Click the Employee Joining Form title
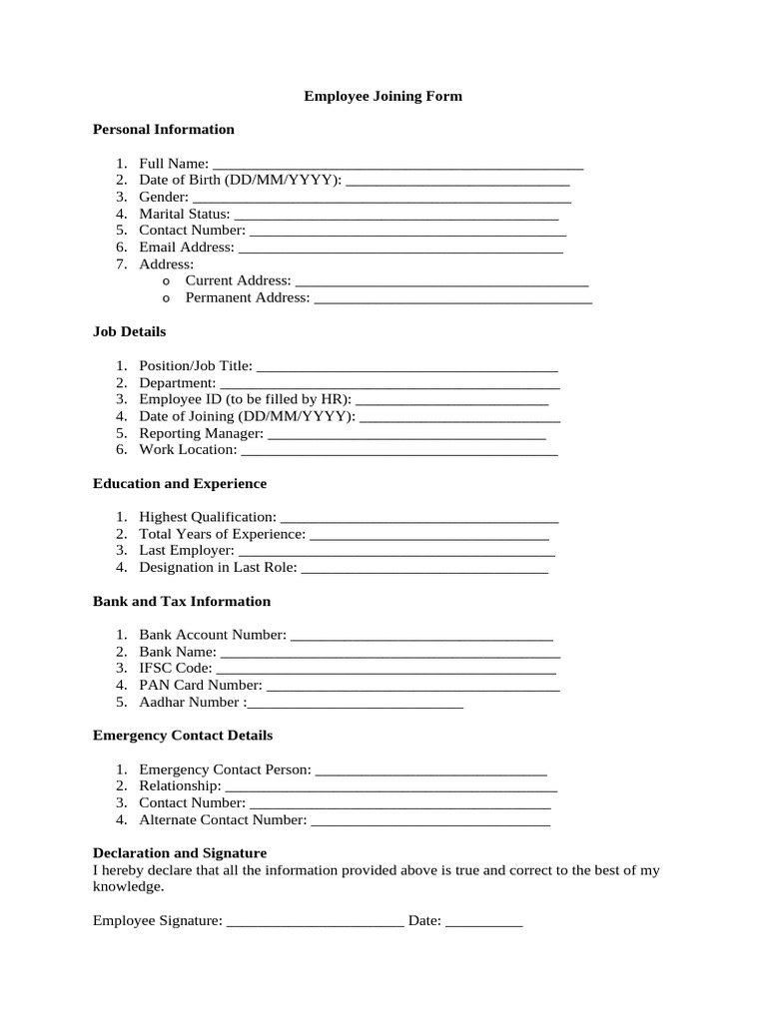click(x=383, y=97)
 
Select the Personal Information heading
click(x=163, y=130)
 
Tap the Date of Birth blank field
click(x=456, y=181)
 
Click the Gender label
click(x=163, y=198)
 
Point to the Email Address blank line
click(x=400, y=249)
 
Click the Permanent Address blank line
click(x=452, y=298)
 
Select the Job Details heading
click(x=129, y=331)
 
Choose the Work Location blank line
click(x=399, y=451)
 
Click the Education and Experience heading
click(x=179, y=484)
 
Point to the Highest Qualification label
click(x=208, y=517)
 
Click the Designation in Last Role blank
click(x=424, y=569)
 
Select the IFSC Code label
click(x=176, y=668)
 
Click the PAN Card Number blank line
click(x=413, y=687)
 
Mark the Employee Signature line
click(x=315, y=922)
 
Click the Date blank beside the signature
click(x=483, y=922)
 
